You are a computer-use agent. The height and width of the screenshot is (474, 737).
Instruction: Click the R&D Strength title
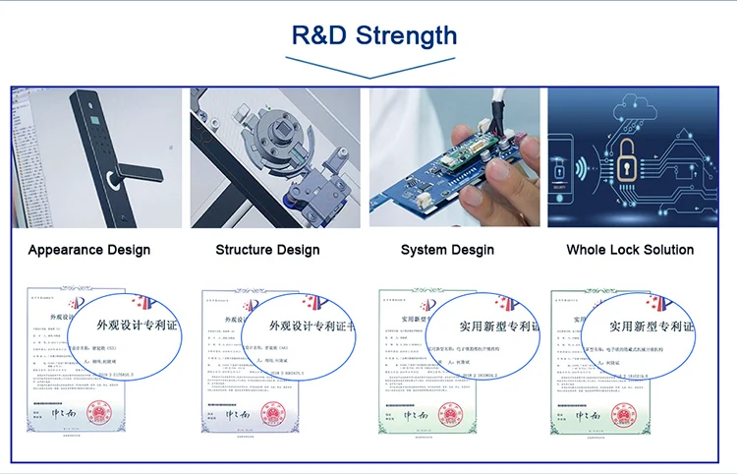[x=374, y=35]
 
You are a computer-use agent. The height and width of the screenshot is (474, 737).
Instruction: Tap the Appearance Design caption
[x=89, y=250]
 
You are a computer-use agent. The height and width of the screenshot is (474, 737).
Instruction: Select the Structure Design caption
[x=267, y=250]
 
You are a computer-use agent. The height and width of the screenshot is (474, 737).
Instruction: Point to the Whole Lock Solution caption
[x=630, y=250]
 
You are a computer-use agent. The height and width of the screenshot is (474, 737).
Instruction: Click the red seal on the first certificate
[x=97, y=411]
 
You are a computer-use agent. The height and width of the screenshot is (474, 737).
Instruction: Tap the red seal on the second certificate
[x=274, y=411]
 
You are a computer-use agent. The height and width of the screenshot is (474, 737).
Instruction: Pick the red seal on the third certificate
[x=449, y=411]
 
